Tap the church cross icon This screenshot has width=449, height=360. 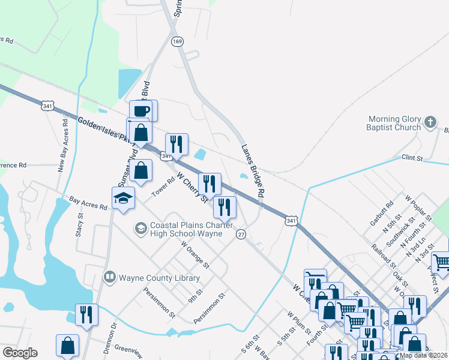click(x=429, y=122)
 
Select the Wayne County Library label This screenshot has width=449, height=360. click(x=159, y=278)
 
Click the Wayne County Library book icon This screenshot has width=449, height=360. click(x=109, y=277)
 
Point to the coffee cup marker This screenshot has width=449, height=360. click(x=142, y=110)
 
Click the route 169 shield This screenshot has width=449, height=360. click(x=176, y=41)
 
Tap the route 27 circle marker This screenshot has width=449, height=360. click(x=241, y=233)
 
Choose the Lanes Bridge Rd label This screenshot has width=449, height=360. click(x=253, y=171)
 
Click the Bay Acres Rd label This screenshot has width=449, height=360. click(x=88, y=202)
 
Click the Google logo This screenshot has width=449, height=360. click(x=20, y=353)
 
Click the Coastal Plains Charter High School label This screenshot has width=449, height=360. click(x=187, y=230)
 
